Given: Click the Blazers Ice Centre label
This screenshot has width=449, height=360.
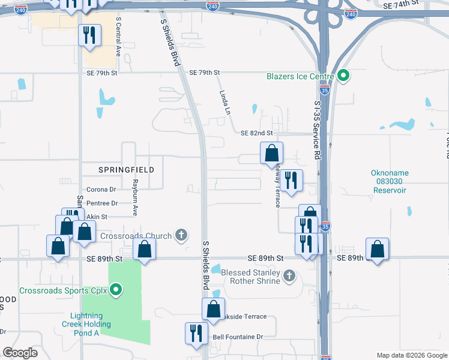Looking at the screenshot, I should click(300, 76).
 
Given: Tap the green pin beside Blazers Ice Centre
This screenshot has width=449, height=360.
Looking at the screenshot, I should click(343, 76).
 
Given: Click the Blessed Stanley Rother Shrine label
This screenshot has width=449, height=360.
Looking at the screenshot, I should click(251, 277).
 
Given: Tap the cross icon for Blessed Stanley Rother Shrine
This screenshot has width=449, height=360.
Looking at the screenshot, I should click(289, 276).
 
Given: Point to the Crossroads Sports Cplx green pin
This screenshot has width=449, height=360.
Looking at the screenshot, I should click(116, 292).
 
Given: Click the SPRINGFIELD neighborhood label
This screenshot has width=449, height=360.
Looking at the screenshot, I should click(118, 170).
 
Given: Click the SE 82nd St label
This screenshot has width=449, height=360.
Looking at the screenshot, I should click(256, 133).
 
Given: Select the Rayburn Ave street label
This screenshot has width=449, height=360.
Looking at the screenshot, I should click(136, 197).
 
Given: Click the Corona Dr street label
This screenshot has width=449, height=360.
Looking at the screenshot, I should click(101, 190).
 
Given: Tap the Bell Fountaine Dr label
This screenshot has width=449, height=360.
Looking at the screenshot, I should click(238, 337).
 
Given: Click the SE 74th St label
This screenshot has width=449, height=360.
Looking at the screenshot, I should click(400, 4).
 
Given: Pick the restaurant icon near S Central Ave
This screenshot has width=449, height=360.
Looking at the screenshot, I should click(90, 35).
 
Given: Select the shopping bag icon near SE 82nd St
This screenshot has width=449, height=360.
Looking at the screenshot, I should click(271, 153).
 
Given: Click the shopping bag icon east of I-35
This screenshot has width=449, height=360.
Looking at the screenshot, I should click(377, 249).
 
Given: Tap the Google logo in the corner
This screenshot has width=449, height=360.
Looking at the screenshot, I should click(20, 353).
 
